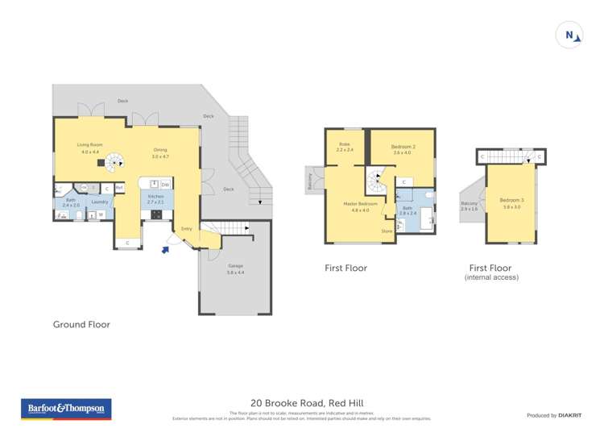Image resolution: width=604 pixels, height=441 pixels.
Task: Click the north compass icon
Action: click(x=569, y=35)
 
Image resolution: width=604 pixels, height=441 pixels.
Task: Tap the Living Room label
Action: click(x=89, y=148)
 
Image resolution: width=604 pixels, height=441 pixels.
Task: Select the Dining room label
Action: click(x=160, y=152)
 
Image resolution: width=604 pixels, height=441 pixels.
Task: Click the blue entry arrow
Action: click(x=166, y=250)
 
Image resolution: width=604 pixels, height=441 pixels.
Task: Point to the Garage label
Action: click(x=235, y=269)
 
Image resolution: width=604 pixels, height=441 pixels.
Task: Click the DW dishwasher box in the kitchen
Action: click(x=164, y=185)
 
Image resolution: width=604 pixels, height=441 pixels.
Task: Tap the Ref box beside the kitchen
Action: click(x=119, y=189)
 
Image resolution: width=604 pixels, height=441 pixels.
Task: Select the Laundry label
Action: click(x=100, y=202)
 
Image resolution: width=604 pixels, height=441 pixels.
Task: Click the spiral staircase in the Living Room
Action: click(x=117, y=161)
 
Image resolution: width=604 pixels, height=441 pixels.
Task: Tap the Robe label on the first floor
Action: click(x=344, y=147)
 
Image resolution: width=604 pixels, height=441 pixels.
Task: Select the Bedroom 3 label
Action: click(x=511, y=202)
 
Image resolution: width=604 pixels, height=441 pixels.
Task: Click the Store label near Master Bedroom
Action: click(x=387, y=231)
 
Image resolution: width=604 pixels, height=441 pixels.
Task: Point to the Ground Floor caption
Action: click(x=81, y=324)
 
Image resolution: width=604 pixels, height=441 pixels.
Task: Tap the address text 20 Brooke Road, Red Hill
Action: click(x=302, y=403)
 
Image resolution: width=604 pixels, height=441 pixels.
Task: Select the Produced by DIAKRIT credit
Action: click(x=555, y=415)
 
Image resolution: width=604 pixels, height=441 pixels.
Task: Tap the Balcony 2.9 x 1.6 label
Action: click(x=469, y=206)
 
